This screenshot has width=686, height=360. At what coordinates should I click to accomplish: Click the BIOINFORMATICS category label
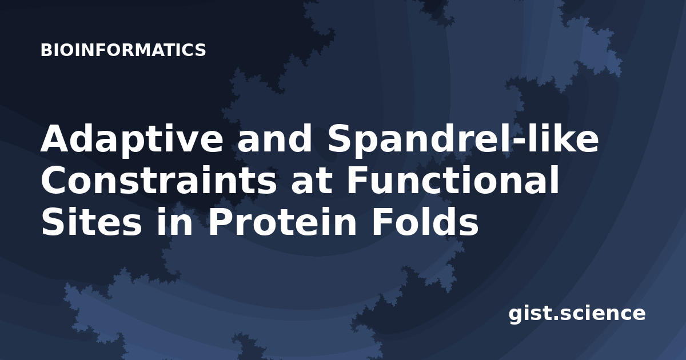pos(123,50)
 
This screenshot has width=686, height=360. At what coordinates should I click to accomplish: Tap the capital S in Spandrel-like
pos(340,138)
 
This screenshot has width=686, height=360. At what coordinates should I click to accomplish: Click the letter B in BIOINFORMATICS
pos(46,50)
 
